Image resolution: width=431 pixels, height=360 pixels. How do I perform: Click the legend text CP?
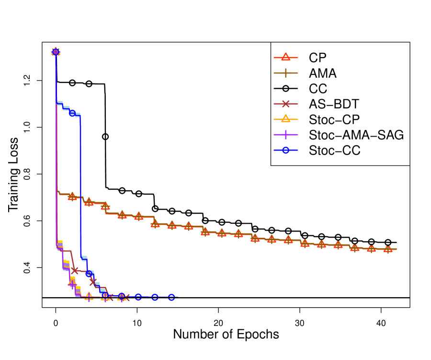coord(318,58)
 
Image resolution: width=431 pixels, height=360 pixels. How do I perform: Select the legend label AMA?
coord(322,73)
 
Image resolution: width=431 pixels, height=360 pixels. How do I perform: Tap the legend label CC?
coord(318,89)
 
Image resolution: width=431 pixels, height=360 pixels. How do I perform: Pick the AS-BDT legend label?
coord(334,104)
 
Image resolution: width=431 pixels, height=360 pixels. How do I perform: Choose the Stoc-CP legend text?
coord(334,119)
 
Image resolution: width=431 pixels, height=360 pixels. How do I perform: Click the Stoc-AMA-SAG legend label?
coord(356,135)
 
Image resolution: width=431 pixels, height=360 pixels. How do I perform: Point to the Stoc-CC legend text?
coord(334,151)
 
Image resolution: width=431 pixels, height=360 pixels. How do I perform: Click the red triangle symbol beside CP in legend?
coord(285,58)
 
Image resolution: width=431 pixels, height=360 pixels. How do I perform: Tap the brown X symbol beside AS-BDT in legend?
coord(285,104)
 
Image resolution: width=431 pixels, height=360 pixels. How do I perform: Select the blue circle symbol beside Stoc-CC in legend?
coord(285,151)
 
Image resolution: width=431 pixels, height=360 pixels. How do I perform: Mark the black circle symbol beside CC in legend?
coord(285,89)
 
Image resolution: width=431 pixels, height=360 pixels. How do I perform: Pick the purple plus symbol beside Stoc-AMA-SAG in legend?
coord(285,135)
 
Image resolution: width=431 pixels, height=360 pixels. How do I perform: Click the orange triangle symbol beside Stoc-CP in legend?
coord(285,119)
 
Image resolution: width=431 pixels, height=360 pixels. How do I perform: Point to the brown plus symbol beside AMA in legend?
coord(285,73)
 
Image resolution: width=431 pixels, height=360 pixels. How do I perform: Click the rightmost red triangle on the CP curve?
coord(388,249)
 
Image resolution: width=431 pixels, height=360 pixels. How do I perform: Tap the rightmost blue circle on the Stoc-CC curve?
coord(171,297)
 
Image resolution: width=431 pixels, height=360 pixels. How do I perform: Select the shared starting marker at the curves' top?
coord(56,51)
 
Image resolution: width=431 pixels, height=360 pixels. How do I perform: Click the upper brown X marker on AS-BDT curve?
coord(75,270)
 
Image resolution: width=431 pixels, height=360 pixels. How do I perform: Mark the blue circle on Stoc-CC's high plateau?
coord(72,113)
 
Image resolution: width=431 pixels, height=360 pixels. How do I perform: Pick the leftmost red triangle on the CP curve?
coord(72,197)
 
